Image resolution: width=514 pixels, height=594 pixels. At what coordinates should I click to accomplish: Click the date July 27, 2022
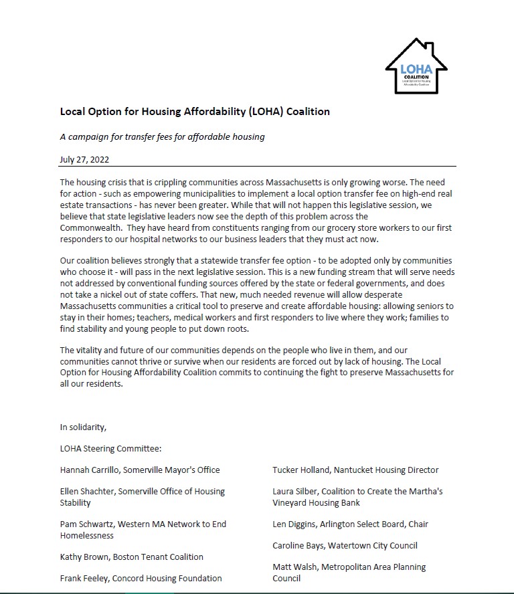(84, 159)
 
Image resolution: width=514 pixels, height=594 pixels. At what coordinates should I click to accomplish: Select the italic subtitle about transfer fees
(162, 137)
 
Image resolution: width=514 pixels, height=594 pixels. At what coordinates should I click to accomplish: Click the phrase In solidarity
(83, 427)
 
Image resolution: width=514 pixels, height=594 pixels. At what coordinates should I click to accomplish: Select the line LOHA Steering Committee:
(110, 449)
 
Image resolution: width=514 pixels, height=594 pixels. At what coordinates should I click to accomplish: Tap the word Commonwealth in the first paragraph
(90, 227)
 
